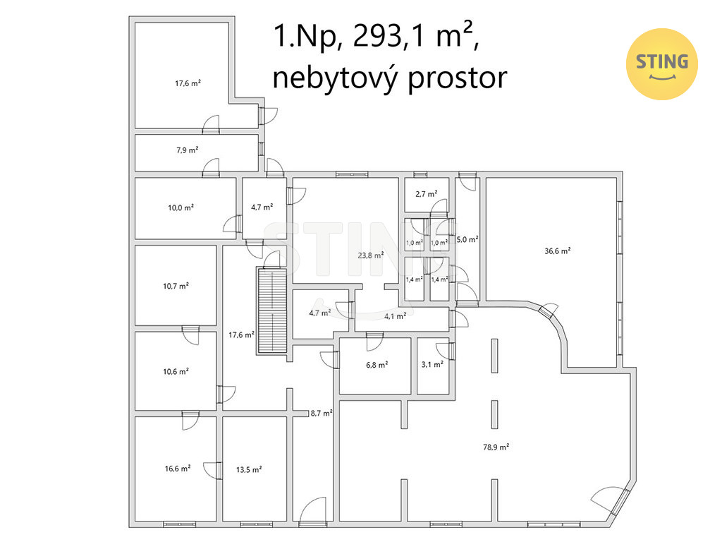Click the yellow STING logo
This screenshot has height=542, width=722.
point(661,64)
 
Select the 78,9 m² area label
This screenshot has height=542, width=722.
point(496,447)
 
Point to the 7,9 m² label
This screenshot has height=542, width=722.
point(187,150)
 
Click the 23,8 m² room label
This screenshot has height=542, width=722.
point(371,255)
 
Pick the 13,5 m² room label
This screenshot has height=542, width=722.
point(249,469)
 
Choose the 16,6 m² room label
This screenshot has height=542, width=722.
point(176,468)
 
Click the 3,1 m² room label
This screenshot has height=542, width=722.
point(432,365)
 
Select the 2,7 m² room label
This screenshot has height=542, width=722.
point(426,193)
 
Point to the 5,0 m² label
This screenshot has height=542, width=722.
point(467,240)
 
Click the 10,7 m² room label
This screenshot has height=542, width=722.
point(176,286)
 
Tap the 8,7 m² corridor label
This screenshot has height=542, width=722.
point(322,413)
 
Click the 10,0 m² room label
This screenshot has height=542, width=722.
point(181,207)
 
